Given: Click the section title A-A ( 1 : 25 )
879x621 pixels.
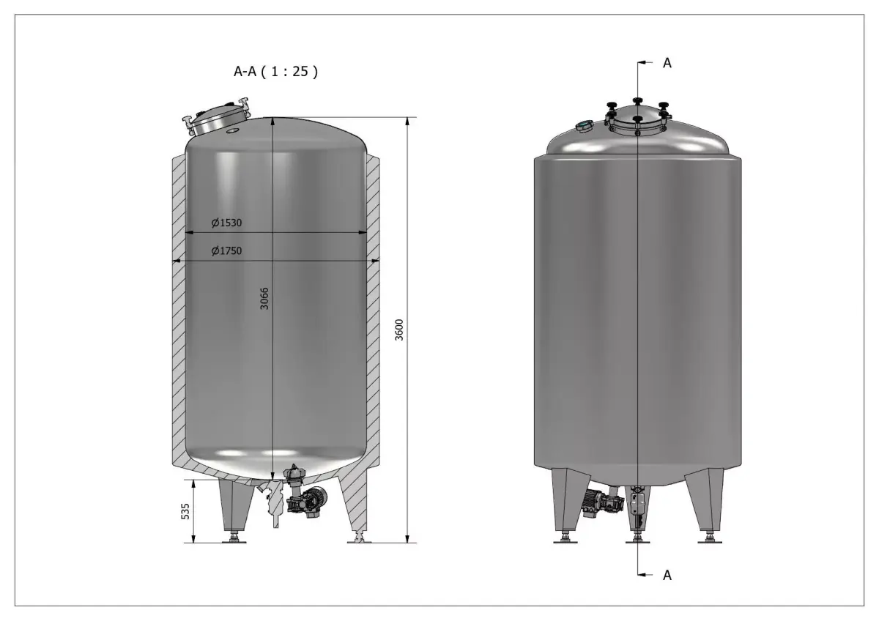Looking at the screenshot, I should [275, 72].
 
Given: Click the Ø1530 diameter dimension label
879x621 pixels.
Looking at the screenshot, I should [226, 223].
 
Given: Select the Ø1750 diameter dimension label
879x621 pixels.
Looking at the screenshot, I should [226, 251].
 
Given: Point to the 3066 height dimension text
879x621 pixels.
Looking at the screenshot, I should [265, 299].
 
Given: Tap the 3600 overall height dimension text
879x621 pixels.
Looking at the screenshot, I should [399, 330].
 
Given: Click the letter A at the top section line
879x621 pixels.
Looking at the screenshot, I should [667, 63].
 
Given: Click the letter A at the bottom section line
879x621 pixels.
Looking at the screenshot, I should [667, 576].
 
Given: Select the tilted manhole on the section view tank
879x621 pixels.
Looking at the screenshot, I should [217, 120].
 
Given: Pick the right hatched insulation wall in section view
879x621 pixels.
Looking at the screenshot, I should [374, 308].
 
